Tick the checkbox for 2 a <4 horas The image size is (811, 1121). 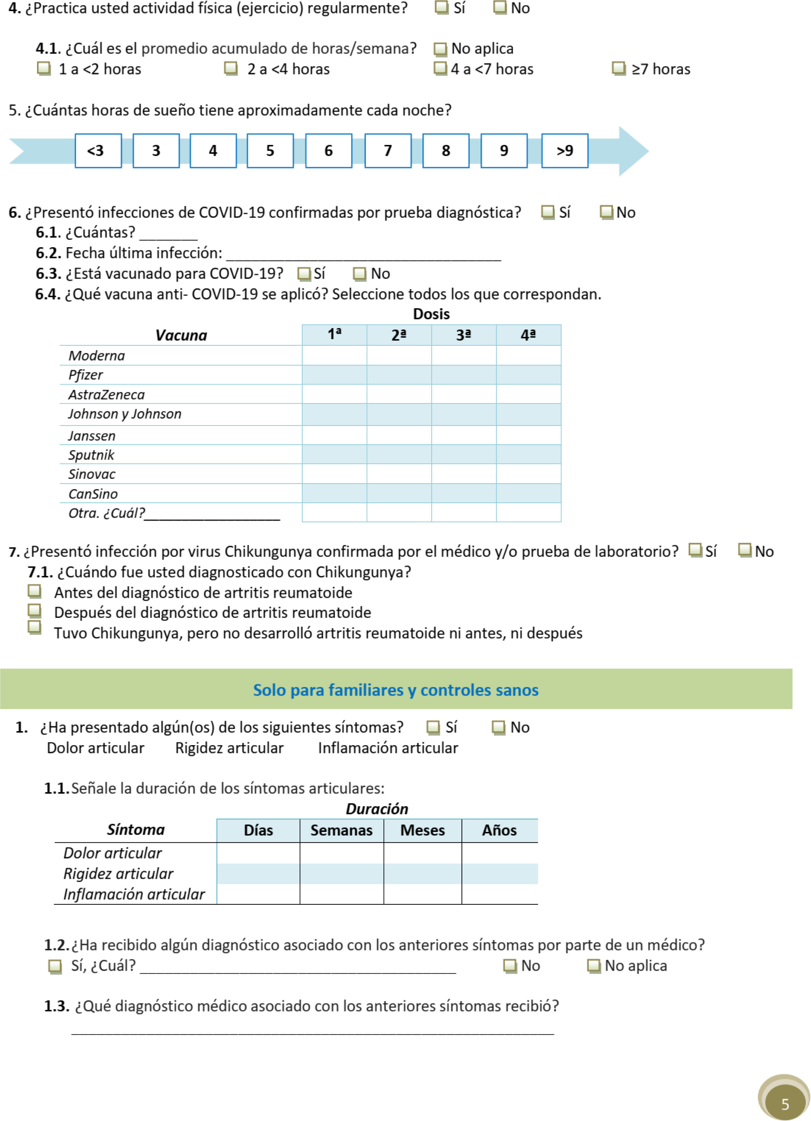[x=231, y=68]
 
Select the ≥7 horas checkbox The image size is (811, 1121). [x=618, y=68]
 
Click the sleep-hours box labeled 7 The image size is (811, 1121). [x=388, y=151]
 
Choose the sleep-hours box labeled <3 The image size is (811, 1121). [x=98, y=151]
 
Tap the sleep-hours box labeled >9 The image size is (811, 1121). [x=564, y=151]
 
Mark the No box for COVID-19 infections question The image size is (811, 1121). [x=606, y=212]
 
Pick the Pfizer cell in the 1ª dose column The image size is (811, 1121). [x=334, y=375]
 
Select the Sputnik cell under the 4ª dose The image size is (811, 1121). [x=528, y=454]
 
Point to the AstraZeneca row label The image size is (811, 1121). [x=106, y=394]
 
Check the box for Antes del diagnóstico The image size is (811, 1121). [x=34, y=591]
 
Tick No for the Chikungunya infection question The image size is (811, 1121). [x=744, y=550]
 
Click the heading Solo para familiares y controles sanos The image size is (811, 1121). [x=396, y=690]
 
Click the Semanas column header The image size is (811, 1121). [x=341, y=830]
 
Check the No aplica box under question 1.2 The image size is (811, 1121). [x=593, y=965]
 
